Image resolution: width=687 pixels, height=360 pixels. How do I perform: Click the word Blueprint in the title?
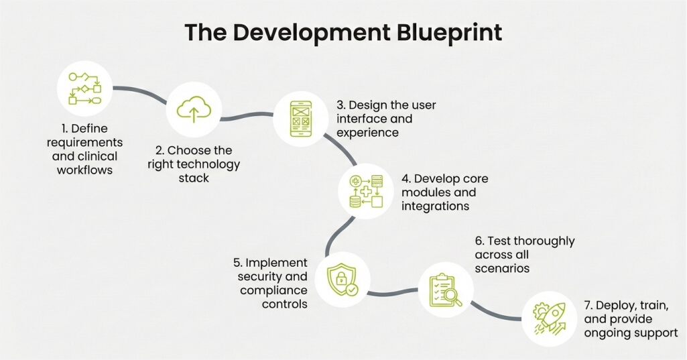pyautogui.click(x=450, y=33)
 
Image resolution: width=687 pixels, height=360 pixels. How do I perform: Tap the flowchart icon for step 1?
pyautogui.click(x=84, y=88)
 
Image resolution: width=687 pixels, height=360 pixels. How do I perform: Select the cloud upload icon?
pyautogui.click(x=194, y=109)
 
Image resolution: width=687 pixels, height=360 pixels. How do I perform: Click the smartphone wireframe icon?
pyautogui.click(x=300, y=119)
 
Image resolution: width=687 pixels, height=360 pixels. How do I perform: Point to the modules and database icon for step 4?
pyautogui.click(x=366, y=191)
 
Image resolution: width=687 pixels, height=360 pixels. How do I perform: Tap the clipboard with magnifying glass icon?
pyautogui.click(x=446, y=290)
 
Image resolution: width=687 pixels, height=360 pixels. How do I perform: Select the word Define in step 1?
pyautogui.click(x=89, y=129)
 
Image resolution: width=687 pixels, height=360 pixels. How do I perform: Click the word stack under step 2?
pyautogui.click(x=194, y=178)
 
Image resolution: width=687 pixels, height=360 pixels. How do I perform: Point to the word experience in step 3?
pyautogui.click(x=367, y=133)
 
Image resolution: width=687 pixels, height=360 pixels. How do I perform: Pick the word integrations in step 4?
pyautogui.click(x=435, y=206)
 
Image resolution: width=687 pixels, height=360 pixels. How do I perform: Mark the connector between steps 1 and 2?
pyautogui.click(x=140, y=93)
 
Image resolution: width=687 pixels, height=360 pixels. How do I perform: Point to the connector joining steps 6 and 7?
pyautogui.click(x=495, y=313)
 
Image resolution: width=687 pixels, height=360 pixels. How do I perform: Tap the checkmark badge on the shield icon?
pyautogui.click(x=351, y=290)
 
